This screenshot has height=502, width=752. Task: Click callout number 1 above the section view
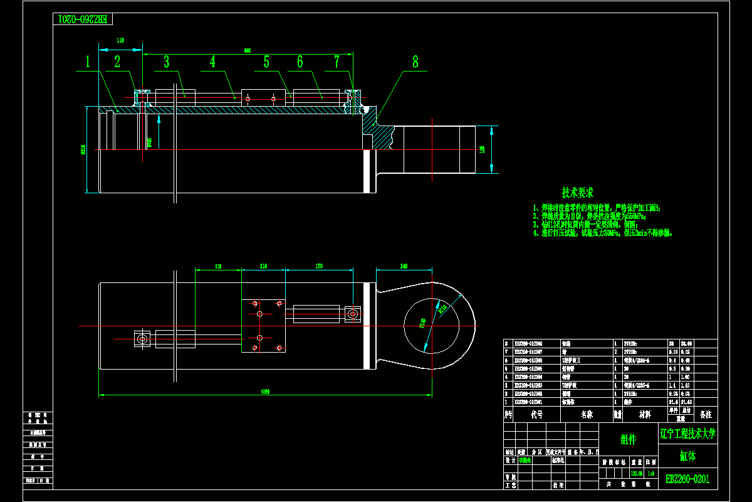(x=88, y=61)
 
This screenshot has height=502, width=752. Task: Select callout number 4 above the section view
(x=212, y=61)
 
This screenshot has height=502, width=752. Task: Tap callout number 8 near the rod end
(x=415, y=61)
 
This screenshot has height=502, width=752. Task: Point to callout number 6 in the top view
(x=300, y=61)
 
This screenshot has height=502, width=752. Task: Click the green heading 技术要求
(x=577, y=193)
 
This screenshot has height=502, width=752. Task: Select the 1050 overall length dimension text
(x=265, y=392)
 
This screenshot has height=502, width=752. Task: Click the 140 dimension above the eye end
(x=404, y=267)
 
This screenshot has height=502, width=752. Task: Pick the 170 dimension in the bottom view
(x=318, y=267)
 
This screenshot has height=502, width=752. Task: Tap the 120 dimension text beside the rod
(x=482, y=149)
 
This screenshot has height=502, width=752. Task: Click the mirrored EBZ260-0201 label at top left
(x=83, y=19)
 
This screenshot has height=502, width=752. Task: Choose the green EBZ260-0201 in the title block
(x=687, y=479)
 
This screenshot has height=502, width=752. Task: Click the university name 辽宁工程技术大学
(x=687, y=433)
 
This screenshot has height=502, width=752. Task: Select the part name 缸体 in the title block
(x=687, y=456)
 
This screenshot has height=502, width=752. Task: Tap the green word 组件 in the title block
(x=629, y=439)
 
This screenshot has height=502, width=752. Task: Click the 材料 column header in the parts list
(x=644, y=415)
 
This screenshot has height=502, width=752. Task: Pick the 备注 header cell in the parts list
(x=705, y=415)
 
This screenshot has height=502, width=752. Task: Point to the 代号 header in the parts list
(x=536, y=415)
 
